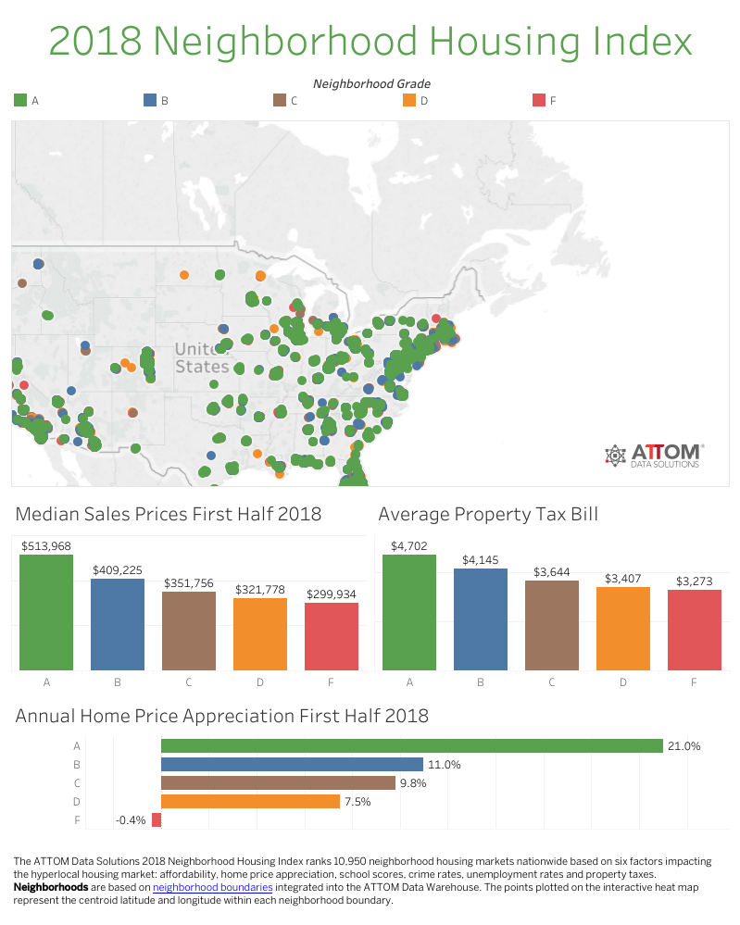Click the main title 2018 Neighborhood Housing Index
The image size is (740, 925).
(370, 42)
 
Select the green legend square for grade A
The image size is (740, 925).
(19, 100)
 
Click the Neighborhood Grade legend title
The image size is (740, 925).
(371, 83)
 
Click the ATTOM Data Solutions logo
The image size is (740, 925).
(654, 455)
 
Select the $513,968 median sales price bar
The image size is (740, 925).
(46, 612)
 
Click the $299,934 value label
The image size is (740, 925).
(332, 594)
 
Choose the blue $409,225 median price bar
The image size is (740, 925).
(118, 624)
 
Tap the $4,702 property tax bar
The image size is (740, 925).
(409, 612)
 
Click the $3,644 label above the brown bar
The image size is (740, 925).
(552, 572)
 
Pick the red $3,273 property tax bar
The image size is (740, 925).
(695, 630)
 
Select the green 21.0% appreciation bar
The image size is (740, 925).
(411, 745)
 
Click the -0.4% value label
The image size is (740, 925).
(131, 820)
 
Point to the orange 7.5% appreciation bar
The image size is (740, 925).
(250, 801)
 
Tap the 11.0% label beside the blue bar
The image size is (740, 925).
(444, 765)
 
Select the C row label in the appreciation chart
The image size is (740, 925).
(77, 782)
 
